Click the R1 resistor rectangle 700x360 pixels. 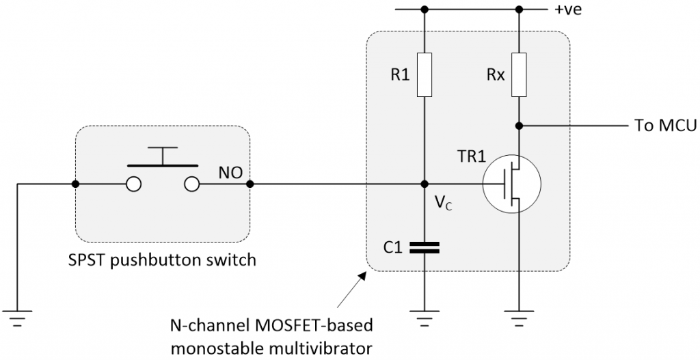(424, 74)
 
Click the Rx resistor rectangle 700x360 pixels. (519, 74)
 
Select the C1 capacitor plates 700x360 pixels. (424, 247)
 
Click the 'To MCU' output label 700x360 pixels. (662, 126)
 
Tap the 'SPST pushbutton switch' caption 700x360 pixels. (161, 260)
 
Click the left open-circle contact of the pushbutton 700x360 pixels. (133, 184)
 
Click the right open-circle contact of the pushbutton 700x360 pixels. (191, 184)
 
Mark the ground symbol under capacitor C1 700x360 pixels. (424, 318)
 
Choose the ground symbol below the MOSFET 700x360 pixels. (519, 318)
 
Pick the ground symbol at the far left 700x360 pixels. (16, 318)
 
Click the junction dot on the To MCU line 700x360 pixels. (519, 126)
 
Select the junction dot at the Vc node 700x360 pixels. (424, 184)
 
